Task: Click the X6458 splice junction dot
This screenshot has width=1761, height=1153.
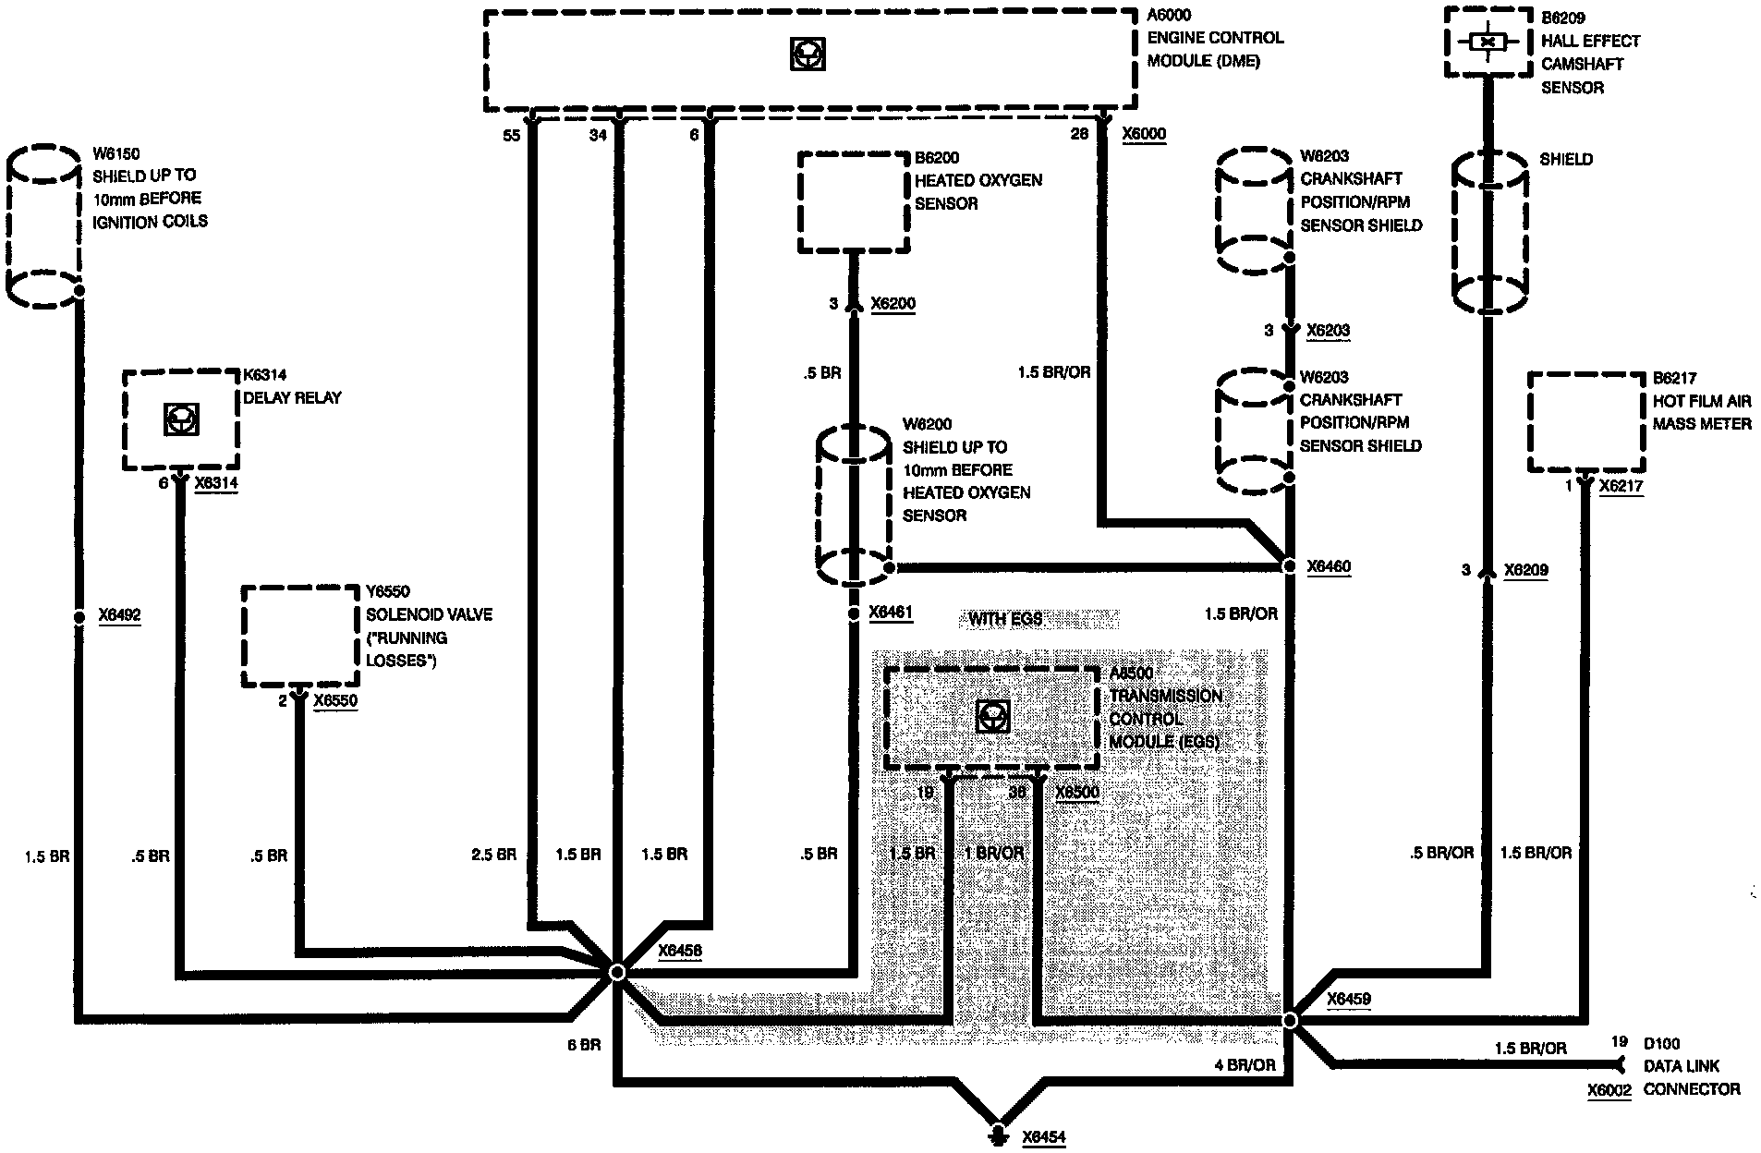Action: pos(617,972)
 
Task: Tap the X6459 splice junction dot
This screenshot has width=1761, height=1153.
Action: pos(1291,1020)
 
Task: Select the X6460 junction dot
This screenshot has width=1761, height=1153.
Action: pos(1291,564)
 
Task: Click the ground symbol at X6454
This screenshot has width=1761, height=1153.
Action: pos(998,1135)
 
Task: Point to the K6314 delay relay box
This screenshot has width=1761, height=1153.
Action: pos(181,420)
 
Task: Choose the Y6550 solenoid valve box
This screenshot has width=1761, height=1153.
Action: pos(299,637)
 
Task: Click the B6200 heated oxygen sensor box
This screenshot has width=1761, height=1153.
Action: pos(853,201)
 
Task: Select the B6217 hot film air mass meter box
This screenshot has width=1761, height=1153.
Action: pos(1586,422)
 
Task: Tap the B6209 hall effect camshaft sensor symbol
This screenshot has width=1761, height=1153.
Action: pos(1488,42)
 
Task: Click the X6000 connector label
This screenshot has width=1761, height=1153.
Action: pos(1144,135)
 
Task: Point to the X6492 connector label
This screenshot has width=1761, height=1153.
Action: pos(119,615)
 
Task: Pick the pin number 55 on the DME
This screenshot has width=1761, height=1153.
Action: pos(511,136)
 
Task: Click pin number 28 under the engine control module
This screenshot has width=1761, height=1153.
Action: pos(1079,135)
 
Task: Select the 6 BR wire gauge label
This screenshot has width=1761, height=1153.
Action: pos(584,1045)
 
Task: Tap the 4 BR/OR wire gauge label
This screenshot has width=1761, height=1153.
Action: pos(1245,1065)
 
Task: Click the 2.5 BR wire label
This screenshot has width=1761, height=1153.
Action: pos(493,855)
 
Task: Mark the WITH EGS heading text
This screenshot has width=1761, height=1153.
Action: pos(1005,619)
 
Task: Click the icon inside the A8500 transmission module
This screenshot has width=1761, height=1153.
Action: pos(992,716)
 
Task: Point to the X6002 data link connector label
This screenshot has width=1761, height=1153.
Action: pos(1609,1090)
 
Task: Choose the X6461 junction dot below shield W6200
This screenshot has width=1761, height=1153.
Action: pos(854,613)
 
